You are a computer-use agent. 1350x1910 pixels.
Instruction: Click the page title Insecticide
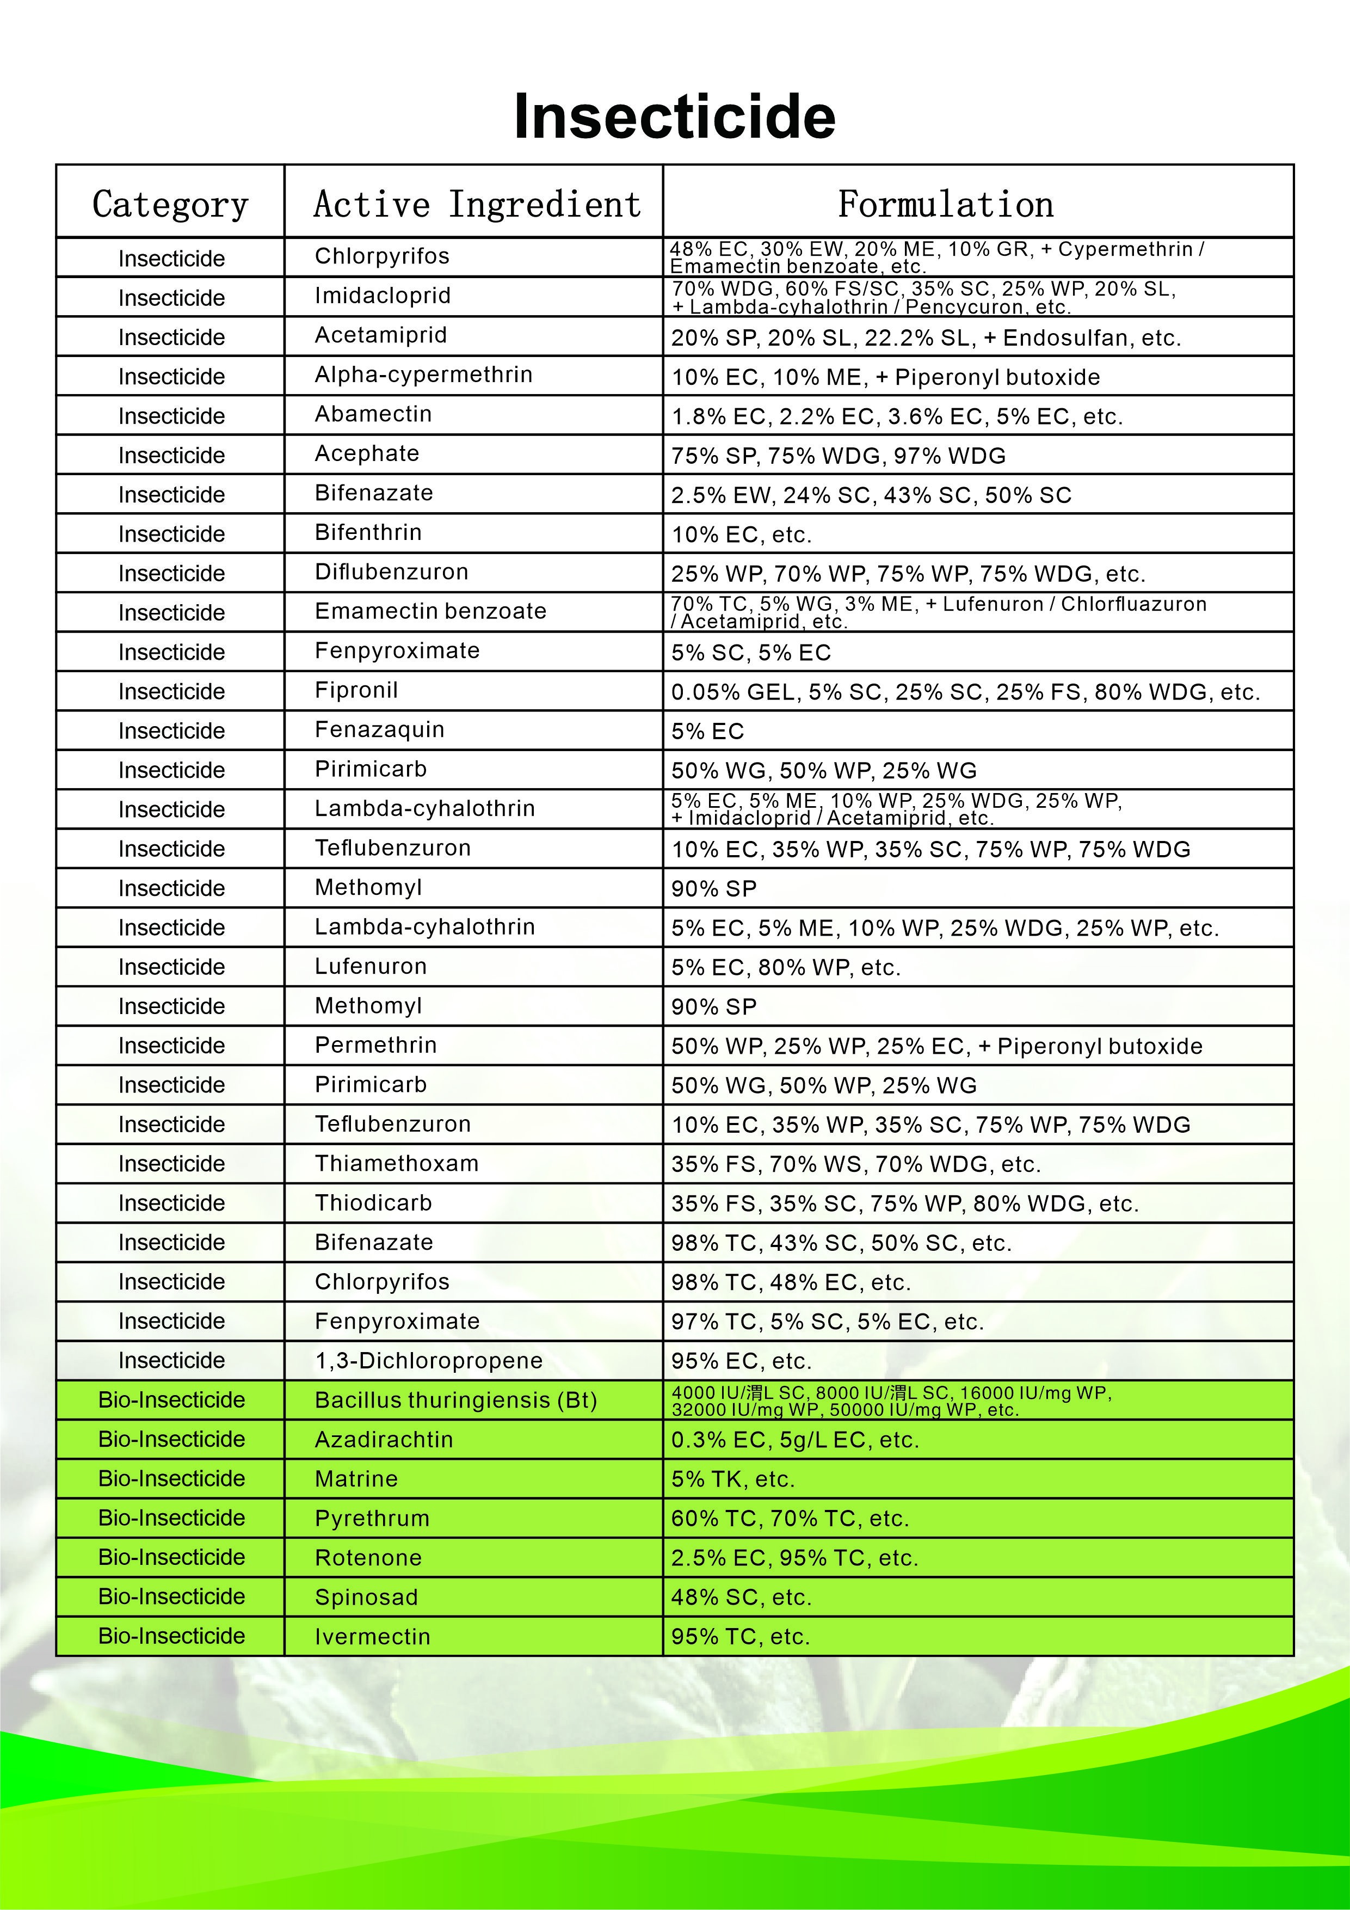click(675, 116)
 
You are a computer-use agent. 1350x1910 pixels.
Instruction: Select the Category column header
click(170, 204)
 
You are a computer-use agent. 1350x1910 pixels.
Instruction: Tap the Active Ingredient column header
click(477, 204)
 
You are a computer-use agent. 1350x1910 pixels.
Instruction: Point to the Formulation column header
click(945, 204)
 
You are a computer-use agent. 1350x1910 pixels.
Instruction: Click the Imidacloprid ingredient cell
click(383, 296)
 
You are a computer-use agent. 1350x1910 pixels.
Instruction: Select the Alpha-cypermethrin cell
click(423, 375)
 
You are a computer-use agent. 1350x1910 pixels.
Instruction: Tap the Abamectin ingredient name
click(373, 414)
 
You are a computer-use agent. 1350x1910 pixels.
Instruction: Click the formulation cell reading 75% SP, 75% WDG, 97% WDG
click(839, 456)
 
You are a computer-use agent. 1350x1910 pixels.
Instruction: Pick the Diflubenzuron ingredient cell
click(392, 572)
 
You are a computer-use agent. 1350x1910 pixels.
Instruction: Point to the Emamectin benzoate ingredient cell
click(430, 611)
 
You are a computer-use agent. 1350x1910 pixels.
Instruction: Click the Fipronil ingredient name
click(356, 690)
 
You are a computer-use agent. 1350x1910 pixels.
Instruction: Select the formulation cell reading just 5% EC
click(708, 731)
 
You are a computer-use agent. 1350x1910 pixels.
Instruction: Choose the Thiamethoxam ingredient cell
click(397, 1163)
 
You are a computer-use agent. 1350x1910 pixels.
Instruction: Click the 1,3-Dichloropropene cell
click(428, 1360)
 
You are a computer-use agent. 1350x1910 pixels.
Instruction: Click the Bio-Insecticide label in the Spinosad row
click(171, 1596)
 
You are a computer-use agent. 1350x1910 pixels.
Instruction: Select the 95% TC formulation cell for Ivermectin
click(740, 1636)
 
